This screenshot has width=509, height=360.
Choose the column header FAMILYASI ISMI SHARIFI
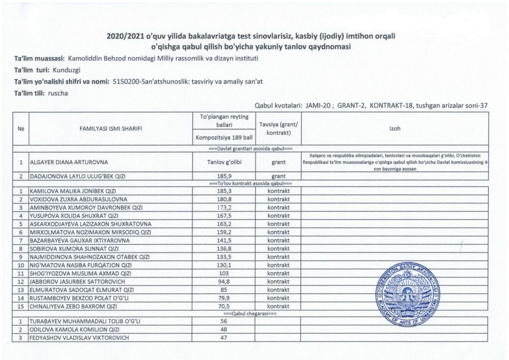(111, 129)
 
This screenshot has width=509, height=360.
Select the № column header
(21, 129)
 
